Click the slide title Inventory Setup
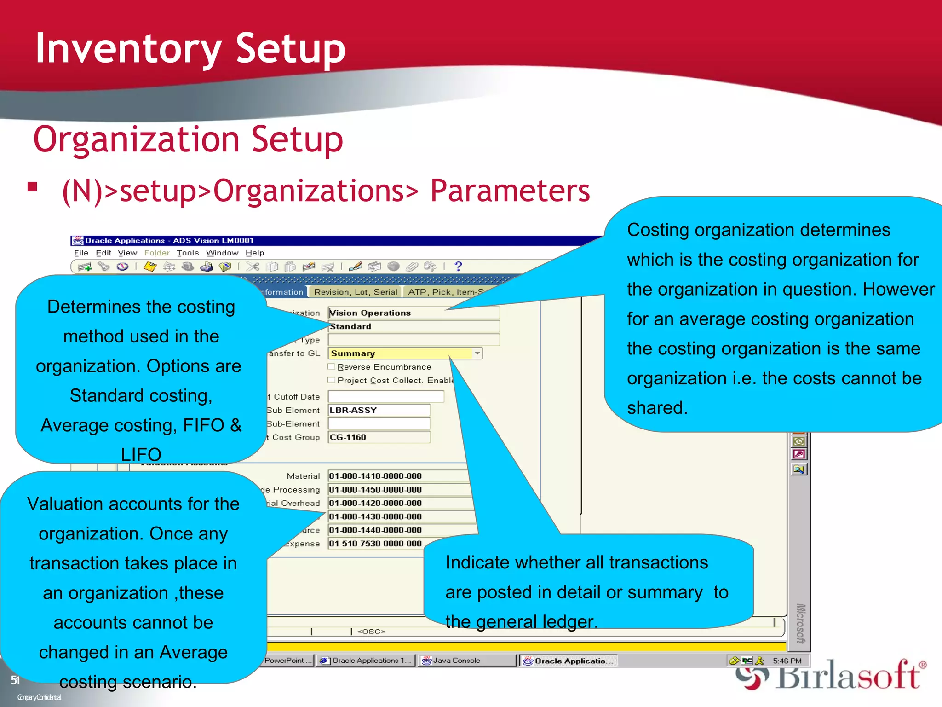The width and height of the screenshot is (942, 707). (190, 48)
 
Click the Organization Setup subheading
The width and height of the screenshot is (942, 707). (188, 139)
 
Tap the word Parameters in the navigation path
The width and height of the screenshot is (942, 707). (510, 191)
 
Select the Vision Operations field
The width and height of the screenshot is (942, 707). (413, 313)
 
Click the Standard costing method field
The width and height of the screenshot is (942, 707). (413, 326)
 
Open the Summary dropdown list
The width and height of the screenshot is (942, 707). (477, 353)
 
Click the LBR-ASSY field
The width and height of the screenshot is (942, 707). (379, 410)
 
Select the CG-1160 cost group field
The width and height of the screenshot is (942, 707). (379, 437)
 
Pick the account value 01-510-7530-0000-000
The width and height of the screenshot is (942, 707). (375, 544)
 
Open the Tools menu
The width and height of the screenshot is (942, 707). (188, 253)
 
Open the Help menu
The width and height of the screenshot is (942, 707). (255, 253)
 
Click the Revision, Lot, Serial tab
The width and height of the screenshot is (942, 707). (356, 292)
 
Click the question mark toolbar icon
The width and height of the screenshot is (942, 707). (458, 266)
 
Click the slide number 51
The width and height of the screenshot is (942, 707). (15, 680)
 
